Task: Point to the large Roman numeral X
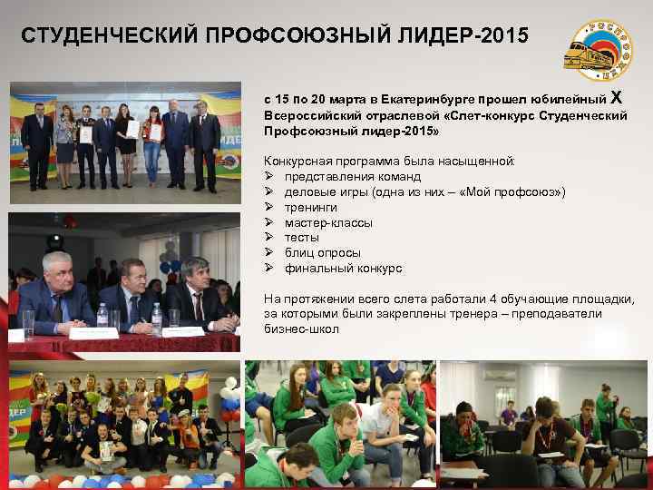coord(617,97)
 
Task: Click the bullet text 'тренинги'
coord(310,207)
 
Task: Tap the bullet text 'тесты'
coord(302,237)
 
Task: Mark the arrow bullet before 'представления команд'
coord(269,177)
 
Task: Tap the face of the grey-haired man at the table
coord(56,269)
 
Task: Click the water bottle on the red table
coord(102,317)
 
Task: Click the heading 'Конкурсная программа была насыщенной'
coord(389,161)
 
